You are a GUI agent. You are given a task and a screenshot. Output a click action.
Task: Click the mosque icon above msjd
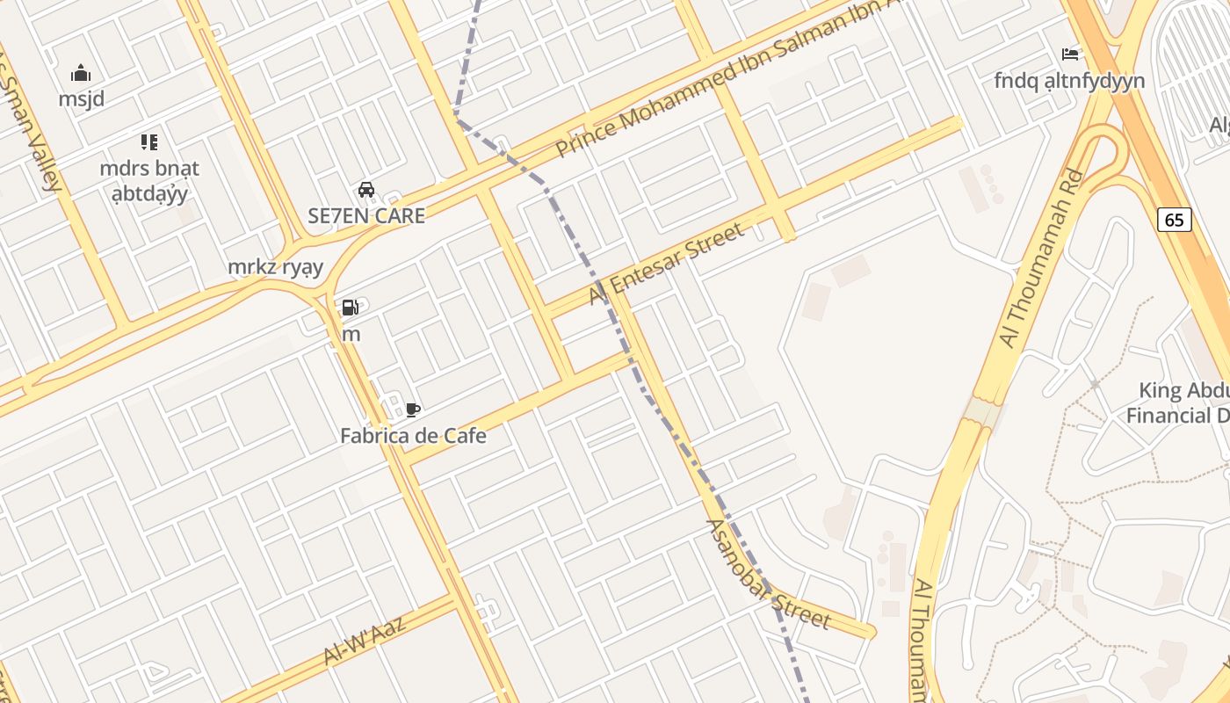(x=81, y=72)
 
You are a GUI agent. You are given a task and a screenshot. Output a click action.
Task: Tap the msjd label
(x=81, y=98)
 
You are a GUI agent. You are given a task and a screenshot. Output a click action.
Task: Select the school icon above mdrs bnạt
(x=149, y=141)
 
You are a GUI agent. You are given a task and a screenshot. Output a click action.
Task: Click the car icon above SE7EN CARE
(x=366, y=189)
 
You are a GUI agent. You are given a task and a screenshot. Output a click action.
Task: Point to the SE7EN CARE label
(x=366, y=215)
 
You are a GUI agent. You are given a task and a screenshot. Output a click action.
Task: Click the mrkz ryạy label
(x=275, y=267)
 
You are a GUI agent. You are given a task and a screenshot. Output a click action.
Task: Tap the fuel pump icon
(x=351, y=308)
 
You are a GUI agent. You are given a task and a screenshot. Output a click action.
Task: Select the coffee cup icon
(x=413, y=409)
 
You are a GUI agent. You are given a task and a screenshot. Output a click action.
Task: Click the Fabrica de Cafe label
(x=413, y=435)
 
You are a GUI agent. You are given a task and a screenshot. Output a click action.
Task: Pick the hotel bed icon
(x=1070, y=54)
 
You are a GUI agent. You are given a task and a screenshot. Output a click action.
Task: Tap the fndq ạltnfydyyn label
(x=1069, y=81)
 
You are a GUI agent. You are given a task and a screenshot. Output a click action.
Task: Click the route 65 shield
(x=1175, y=220)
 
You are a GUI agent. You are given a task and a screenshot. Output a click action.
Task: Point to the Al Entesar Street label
(x=667, y=264)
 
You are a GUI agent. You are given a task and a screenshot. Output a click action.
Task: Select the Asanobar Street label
(x=767, y=574)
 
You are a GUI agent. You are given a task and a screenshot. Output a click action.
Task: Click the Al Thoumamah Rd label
(x=1041, y=258)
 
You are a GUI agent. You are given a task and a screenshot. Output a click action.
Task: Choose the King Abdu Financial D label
(x=1182, y=402)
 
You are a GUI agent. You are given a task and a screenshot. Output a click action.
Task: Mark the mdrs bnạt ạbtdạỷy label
(x=149, y=180)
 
